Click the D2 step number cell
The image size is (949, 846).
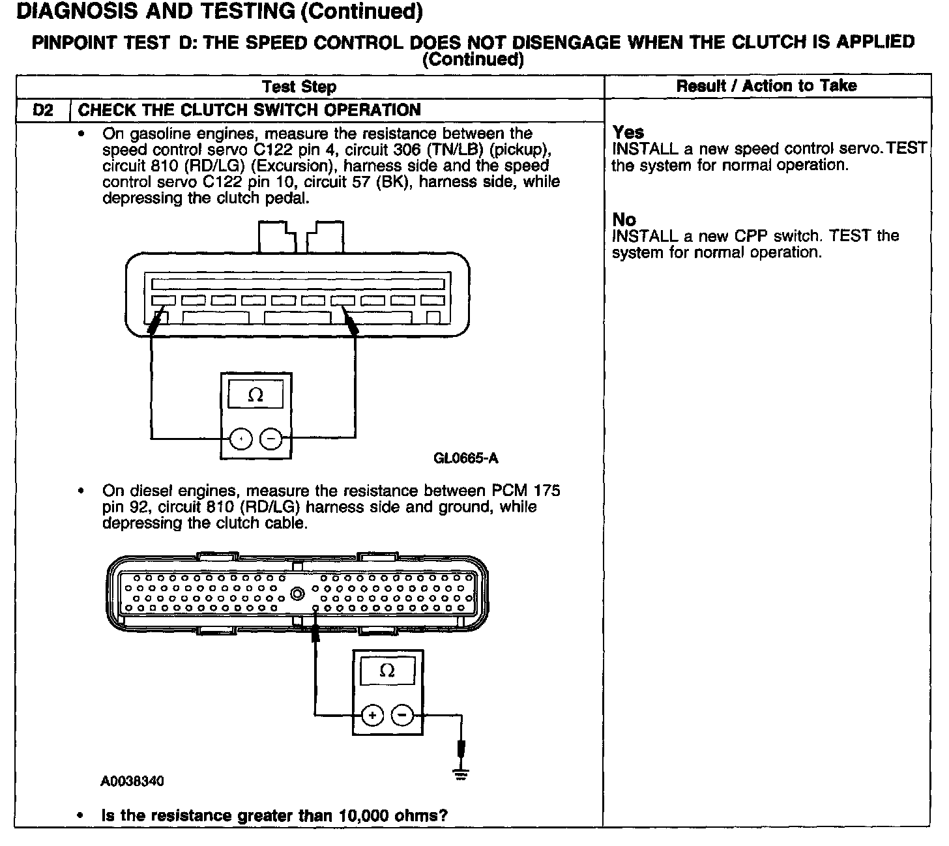(42, 110)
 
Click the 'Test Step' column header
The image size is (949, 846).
(299, 87)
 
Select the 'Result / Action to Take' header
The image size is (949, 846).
(766, 86)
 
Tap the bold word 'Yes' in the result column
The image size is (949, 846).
(628, 132)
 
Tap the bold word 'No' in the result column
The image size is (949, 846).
(624, 220)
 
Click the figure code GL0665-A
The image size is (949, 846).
(465, 458)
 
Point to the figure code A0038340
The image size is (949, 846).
(132, 781)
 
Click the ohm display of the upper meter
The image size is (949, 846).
(256, 396)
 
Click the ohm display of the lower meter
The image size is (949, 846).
(387, 671)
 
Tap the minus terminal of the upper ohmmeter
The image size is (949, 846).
(270, 440)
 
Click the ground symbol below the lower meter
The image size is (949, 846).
(461, 774)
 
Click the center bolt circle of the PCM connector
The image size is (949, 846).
(298, 594)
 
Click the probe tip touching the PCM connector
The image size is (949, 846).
(315, 628)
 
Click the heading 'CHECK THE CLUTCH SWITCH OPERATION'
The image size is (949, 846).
(250, 110)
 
